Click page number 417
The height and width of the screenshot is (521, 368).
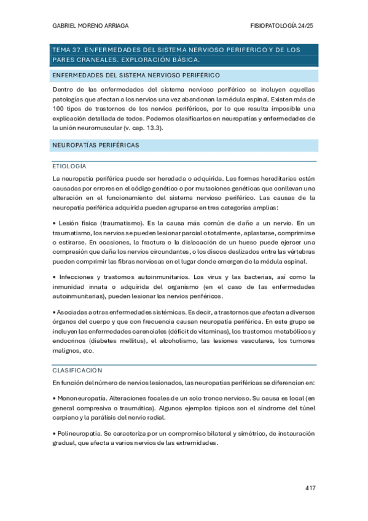[x=310, y=488]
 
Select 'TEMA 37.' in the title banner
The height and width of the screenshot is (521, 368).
[x=67, y=49]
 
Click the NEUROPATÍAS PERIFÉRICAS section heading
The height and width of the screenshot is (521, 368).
[x=96, y=146]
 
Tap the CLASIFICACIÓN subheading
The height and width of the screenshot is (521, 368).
[x=77, y=371]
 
